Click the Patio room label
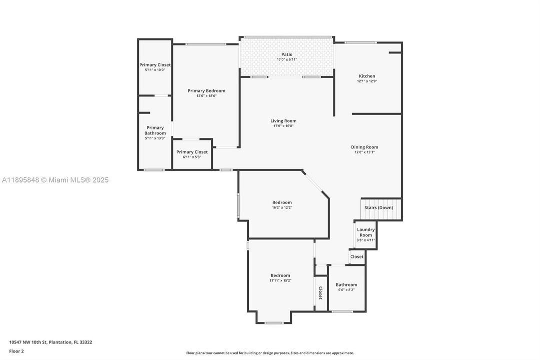click(287, 54)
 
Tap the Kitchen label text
click(367, 76)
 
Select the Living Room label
click(283, 120)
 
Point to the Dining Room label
click(364, 147)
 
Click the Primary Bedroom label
click(206, 90)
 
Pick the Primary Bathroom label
click(155, 130)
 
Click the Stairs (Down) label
click(378, 207)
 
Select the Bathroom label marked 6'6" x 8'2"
click(346, 284)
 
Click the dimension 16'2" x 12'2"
click(282, 207)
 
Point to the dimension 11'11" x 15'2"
click(280, 280)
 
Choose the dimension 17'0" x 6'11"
click(287, 59)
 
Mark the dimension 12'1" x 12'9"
click(367, 81)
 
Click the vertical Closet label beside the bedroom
click(320, 293)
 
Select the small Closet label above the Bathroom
click(357, 256)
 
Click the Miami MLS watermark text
click(54, 180)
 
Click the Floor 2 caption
click(16, 351)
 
